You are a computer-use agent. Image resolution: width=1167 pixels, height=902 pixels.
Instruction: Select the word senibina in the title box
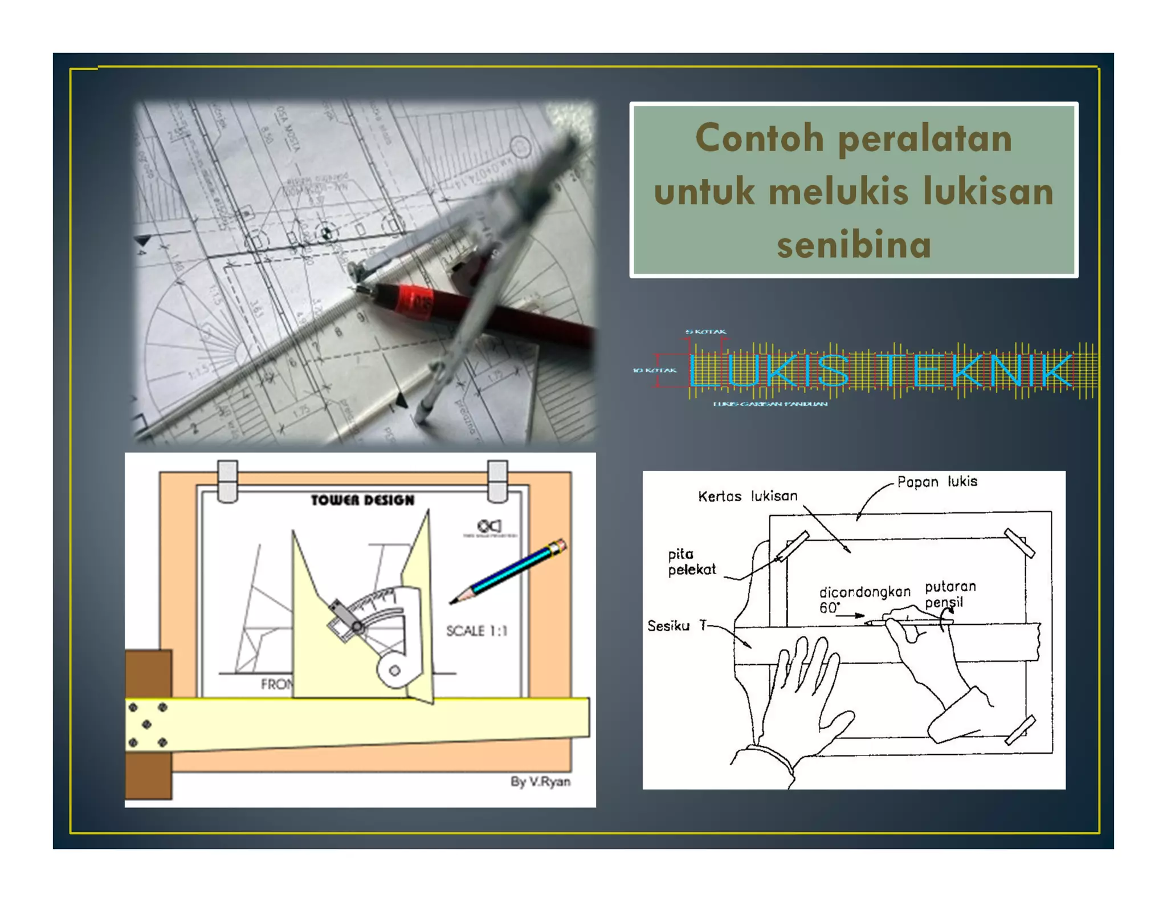(x=854, y=245)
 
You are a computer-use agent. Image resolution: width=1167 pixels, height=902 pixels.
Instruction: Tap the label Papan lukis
(x=937, y=482)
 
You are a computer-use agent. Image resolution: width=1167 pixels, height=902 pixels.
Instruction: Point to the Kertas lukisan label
(x=747, y=496)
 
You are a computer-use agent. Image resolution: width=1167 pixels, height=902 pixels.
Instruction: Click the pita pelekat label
(x=691, y=562)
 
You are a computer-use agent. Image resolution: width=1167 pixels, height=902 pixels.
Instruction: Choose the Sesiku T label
(x=676, y=626)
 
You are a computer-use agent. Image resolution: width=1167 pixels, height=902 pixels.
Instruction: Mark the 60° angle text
(x=829, y=608)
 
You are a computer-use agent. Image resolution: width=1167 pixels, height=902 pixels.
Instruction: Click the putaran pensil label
(x=949, y=594)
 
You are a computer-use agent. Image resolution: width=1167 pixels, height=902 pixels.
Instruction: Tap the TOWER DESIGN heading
(x=362, y=500)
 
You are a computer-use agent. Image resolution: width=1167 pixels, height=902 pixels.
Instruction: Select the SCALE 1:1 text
(x=476, y=631)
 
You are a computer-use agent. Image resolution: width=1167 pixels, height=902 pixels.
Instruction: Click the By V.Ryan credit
(x=540, y=781)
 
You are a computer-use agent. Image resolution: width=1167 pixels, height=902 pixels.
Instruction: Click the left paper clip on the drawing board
(x=227, y=481)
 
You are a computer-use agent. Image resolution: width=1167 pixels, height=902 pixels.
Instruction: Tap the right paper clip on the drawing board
(x=497, y=481)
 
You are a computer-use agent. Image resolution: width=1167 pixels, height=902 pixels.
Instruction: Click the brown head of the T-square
(x=148, y=724)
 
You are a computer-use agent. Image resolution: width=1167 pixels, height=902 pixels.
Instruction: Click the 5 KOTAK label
(x=705, y=331)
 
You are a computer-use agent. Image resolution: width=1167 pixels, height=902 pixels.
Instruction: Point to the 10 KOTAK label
(x=655, y=371)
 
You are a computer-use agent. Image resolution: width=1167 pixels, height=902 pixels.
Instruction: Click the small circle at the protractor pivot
(x=394, y=671)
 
